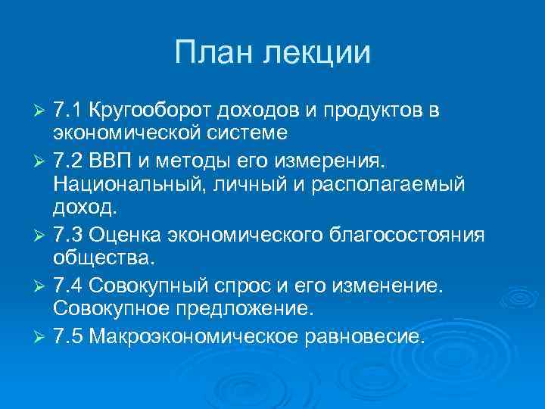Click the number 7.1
tap(68, 111)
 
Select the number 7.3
tap(69, 236)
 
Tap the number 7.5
tap(69, 335)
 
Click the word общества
tap(103, 260)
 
